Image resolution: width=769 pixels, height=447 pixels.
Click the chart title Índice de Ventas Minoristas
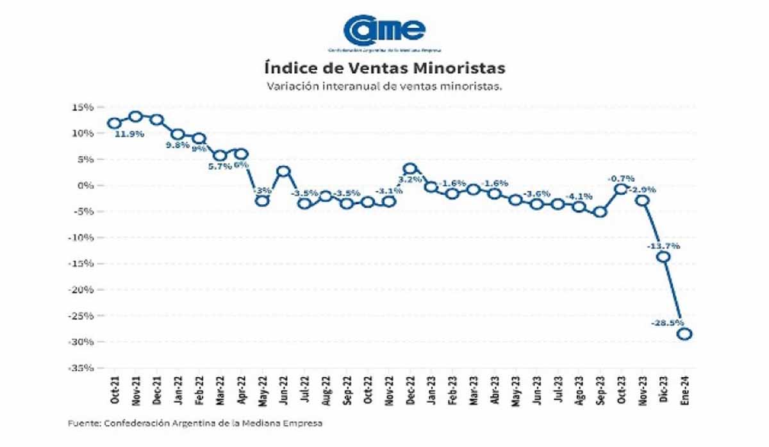tap(384, 67)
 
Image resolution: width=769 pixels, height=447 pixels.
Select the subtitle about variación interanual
tap(384, 86)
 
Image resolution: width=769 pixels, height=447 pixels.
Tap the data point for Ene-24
tap(684, 334)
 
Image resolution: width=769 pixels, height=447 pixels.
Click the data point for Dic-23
tap(663, 256)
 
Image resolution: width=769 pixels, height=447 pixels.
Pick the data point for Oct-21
tap(114, 123)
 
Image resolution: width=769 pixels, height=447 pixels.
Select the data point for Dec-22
tap(410, 169)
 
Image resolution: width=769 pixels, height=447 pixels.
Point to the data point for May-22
tap(262, 200)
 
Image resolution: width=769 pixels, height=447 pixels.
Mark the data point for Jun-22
tap(283, 171)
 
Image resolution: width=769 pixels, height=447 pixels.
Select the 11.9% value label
tap(129, 134)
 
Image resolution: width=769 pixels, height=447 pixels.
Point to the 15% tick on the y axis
tap(84, 107)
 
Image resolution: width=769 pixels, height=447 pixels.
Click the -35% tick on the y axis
tap(83, 368)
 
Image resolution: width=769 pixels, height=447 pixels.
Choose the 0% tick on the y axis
tap(87, 186)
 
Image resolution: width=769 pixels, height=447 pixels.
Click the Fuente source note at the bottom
tap(195, 423)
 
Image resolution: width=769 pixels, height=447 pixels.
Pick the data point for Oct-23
tap(621, 188)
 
